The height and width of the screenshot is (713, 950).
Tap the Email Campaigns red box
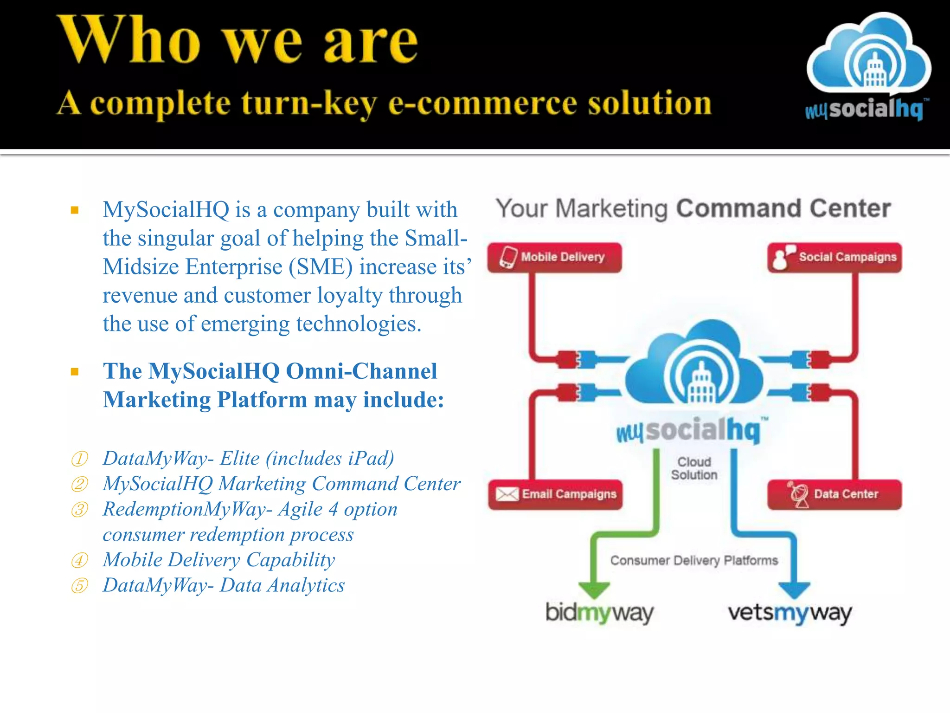555,494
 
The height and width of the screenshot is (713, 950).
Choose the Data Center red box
834,494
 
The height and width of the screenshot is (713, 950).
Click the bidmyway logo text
599,613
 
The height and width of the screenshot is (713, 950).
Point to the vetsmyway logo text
790,613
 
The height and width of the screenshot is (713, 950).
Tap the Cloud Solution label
694,468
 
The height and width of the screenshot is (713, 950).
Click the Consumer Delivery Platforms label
693,560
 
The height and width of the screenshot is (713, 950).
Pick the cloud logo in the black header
868,56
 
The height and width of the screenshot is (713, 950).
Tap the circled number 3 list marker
79,510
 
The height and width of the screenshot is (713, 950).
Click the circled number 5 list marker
79,586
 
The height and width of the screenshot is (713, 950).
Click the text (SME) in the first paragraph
320,267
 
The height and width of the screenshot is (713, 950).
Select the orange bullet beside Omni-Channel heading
75,371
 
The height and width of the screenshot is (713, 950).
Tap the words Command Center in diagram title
783,208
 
